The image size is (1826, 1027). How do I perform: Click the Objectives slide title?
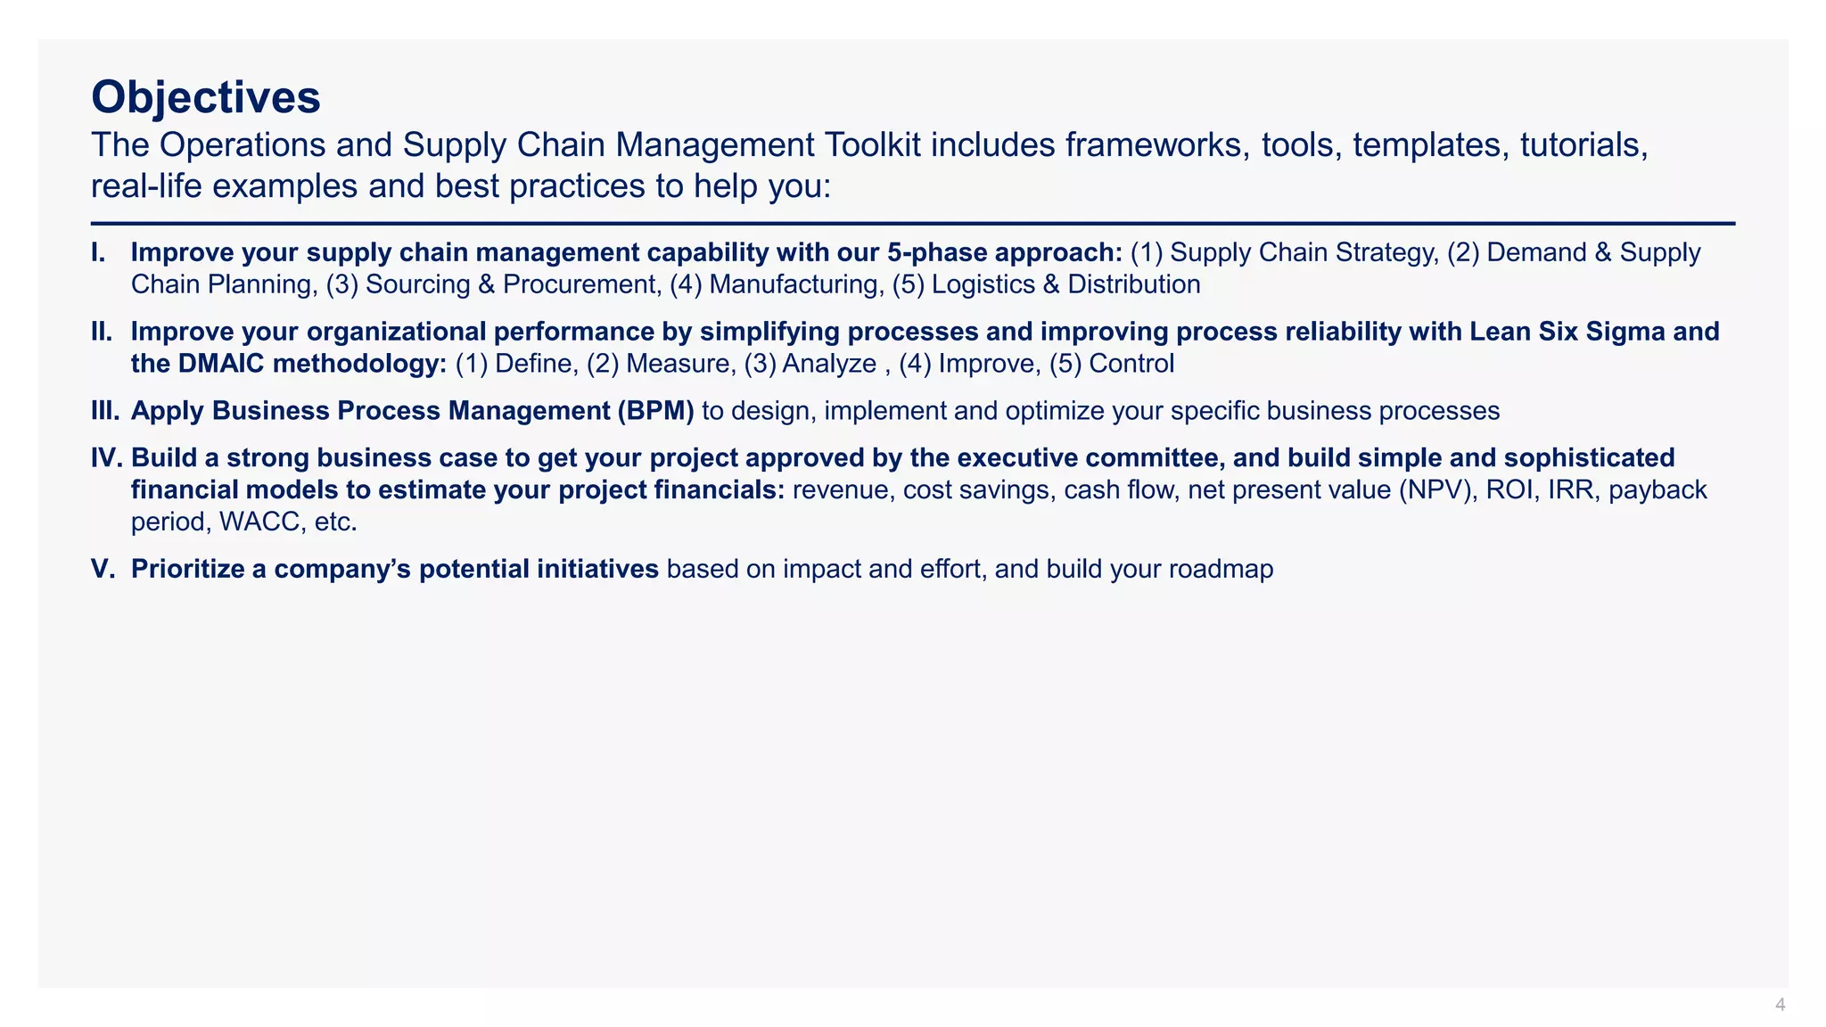(206, 97)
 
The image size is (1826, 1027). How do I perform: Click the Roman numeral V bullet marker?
(103, 569)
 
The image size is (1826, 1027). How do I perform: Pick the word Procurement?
(580, 284)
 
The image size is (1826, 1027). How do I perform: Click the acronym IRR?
(1574, 489)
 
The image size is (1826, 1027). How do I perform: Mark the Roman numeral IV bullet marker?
(107, 458)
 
